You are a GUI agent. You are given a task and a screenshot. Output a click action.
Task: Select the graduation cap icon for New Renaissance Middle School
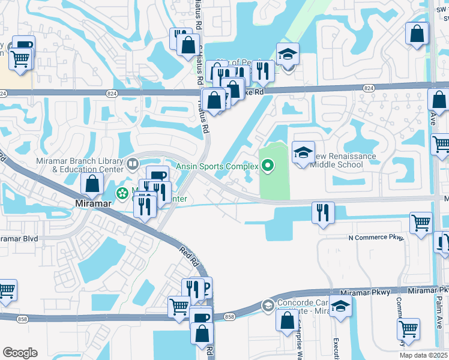tap(303, 152)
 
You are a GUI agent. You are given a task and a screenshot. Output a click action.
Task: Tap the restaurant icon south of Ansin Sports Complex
tap(324, 212)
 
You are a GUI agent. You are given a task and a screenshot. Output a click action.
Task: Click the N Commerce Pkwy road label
tap(376, 238)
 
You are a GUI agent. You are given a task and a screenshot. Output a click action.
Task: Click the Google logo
tap(20, 353)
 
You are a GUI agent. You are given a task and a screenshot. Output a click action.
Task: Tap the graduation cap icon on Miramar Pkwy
tap(340, 308)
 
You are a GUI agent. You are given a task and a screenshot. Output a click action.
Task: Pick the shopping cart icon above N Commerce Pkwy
tap(421, 223)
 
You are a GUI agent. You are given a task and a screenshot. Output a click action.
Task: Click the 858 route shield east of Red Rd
tap(229, 316)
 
